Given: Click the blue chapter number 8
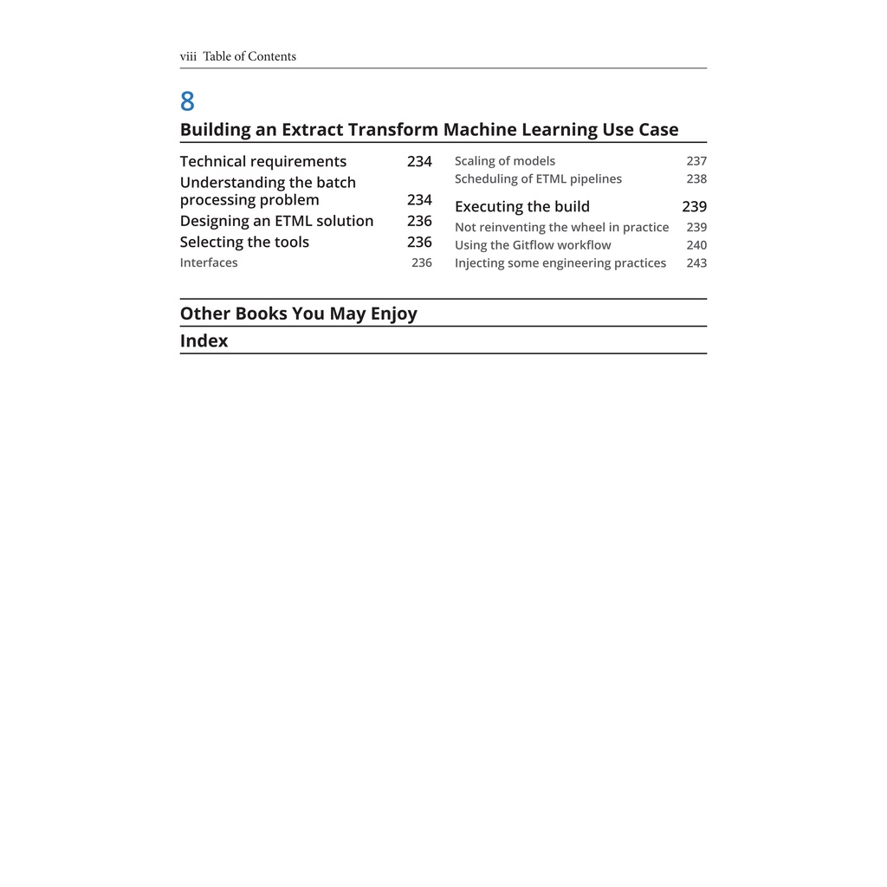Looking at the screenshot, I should pyautogui.click(x=187, y=102).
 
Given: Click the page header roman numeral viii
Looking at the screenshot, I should pyautogui.click(x=188, y=57).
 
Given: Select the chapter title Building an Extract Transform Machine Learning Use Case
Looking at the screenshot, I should pyautogui.click(x=429, y=130).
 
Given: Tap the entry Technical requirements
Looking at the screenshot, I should pyautogui.click(x=262, y=162).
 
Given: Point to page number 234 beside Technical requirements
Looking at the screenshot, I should pyautogui.click(x=419, y=162).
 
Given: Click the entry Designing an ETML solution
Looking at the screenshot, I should pyautogui.click(x=276, y=221).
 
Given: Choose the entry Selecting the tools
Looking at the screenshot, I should pyautogui.click(x=244, y=243).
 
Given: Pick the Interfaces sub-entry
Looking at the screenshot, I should pyautogui.click(x=209, y=263).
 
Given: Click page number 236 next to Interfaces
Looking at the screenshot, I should pyautogui.click(x=421, y=263).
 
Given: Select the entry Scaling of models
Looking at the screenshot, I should pyautogui.click(x=505, y=161).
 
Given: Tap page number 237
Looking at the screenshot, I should pyautogui.click(x=696, y=161).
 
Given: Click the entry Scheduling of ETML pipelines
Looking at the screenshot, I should pyautogui.click(x=538, y=179).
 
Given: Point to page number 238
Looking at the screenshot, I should pyautogui.click(x=696, y=179).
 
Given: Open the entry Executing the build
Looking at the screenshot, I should pyautogui.click(x=521, y=207).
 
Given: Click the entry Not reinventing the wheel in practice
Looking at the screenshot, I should pyautogui.click(x=561, y=228).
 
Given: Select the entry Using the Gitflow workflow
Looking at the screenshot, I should pyautogui.click(x=533, y=245).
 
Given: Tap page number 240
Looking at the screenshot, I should pyautogui.click(x=696, y=245).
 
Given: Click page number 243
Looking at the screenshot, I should pyautogui.click(x=696, y=263).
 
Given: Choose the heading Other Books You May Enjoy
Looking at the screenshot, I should pyautogui.click(x=298, y=314).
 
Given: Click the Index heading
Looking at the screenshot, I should pyautogui.click(x=204, y=341).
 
